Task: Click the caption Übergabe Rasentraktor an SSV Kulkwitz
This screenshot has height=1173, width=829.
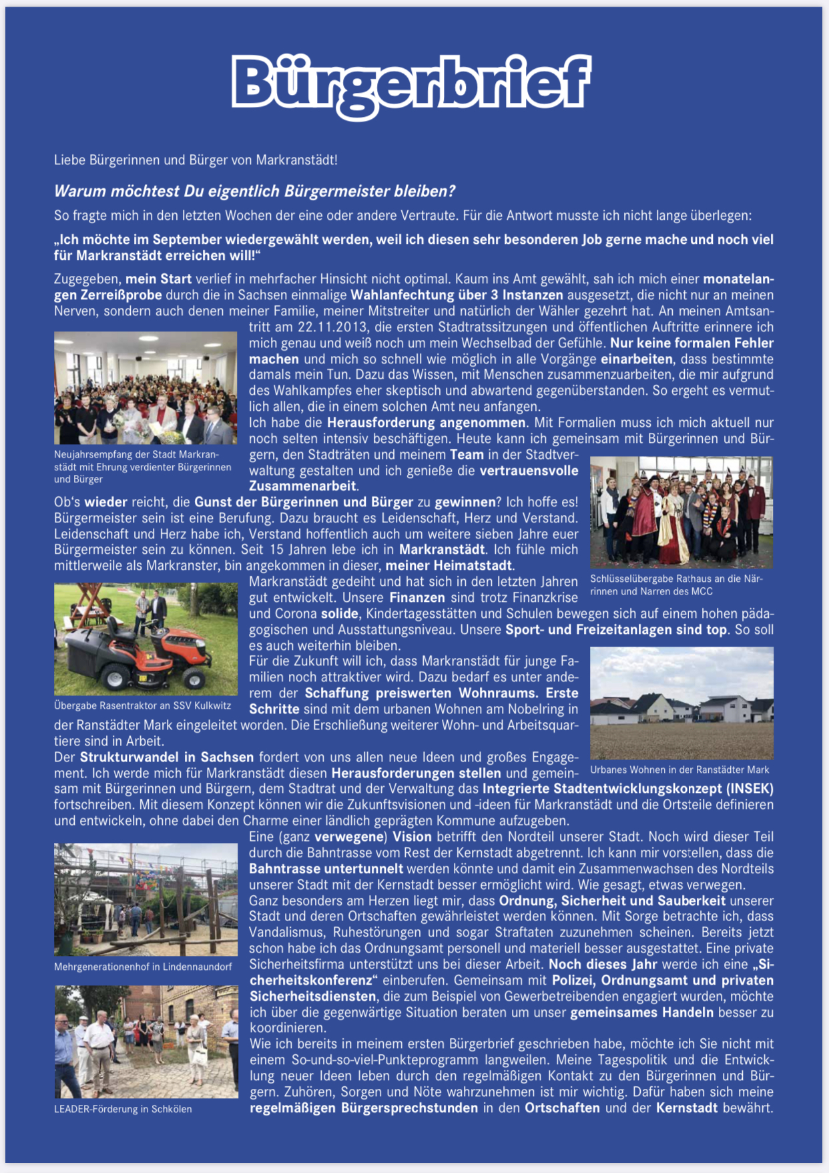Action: tap(142, 706)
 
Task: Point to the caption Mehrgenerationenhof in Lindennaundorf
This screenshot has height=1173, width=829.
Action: tap(143, 967)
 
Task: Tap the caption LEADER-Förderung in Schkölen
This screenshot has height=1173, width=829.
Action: tap(123, 1109)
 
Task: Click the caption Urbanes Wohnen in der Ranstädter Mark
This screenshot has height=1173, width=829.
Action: tap(679, 770)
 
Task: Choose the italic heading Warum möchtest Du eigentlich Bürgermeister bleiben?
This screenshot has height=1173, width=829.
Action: tap(254, 192)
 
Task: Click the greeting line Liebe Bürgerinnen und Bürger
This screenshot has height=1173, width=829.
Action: tap(196, 160)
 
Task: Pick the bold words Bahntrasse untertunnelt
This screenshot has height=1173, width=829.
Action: tap(326, 869)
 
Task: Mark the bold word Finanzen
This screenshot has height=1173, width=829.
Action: tap(417, 598)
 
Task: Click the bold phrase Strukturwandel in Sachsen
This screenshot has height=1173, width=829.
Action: tap(167, 758)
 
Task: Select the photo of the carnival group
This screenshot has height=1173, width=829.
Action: tap(681, 512)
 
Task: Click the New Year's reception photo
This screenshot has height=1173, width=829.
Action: tap(146, 388)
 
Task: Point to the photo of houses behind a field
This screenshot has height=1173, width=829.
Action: tap(681, 703)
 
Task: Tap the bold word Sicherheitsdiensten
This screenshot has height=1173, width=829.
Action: tap(312, 997)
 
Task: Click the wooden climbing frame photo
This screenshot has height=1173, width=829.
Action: tap(146, 899)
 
